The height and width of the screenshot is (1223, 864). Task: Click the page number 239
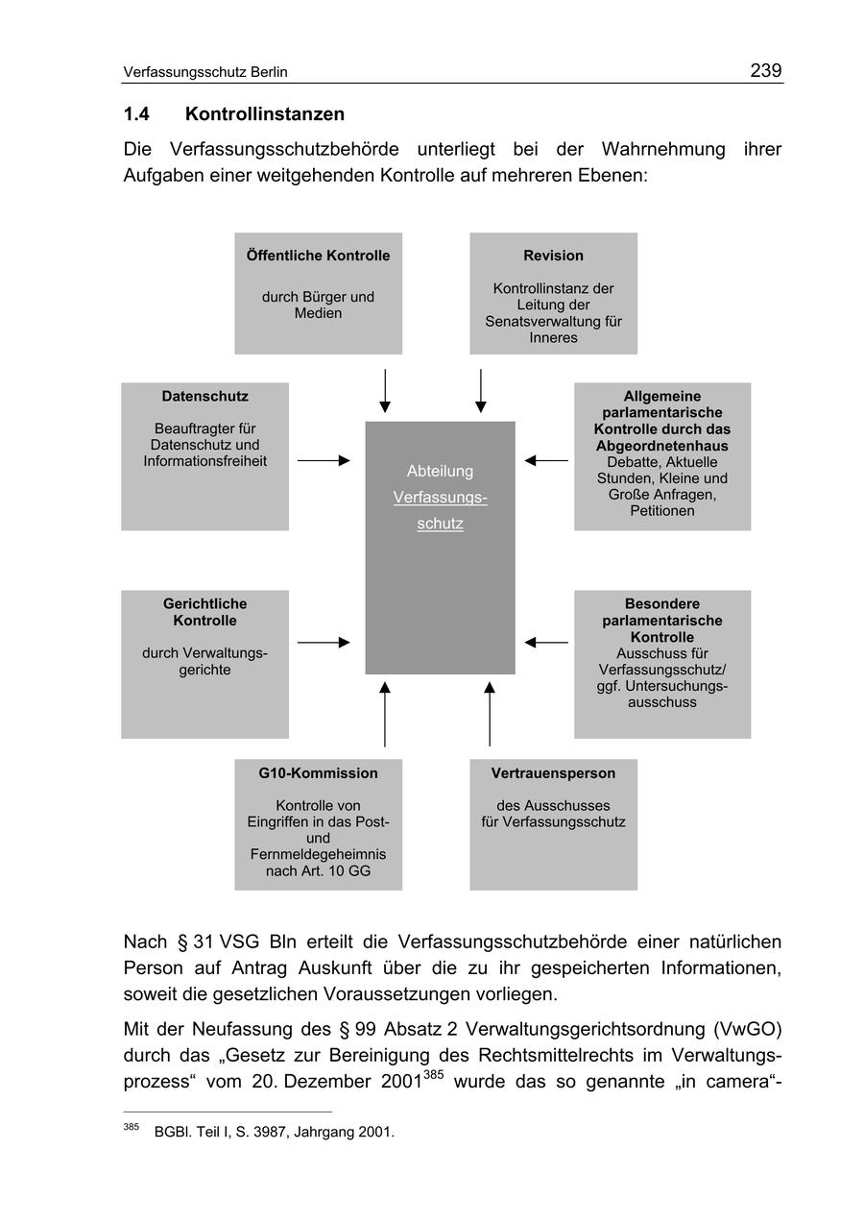click(x=765, y=70)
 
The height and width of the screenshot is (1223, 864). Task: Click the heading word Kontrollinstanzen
click(x=264, y=114)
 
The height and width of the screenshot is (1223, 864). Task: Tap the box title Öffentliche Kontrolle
click(x=318, y=256)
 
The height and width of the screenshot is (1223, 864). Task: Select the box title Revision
click(x=553, y=256)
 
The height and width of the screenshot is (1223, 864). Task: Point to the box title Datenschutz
click(x=204, y=396)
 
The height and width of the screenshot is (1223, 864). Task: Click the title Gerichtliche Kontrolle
click(x=204, y=612)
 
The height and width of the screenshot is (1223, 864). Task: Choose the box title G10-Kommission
click(x=318, y=773)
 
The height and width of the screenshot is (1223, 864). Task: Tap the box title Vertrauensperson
click(x=553, y=773)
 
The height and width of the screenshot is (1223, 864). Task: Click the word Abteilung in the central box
click(x=440, y=471)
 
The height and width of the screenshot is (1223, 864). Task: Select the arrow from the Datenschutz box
click(x=324, y=461)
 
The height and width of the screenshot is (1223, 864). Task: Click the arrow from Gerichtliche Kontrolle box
click(x=324, y=642)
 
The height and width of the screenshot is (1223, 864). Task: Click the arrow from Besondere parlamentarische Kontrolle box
click(x=546, y=642)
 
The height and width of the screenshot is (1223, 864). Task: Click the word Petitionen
click(x=662, y=511)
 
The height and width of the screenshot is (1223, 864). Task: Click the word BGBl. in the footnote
click(x=172, y=1132)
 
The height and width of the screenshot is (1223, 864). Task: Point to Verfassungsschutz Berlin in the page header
click(x=205, y=72)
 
